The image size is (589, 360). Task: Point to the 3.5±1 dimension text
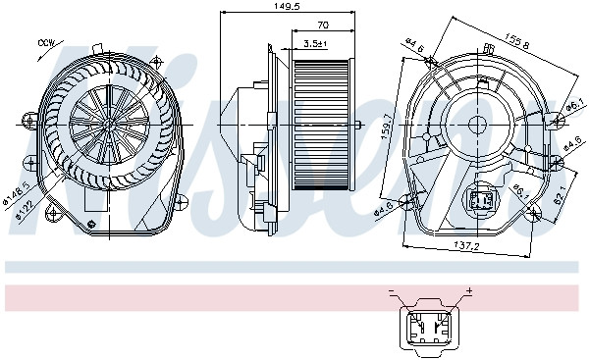point(315,43)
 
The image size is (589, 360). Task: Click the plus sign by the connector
point(469,291)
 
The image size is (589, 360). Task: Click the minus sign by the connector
point(392,291)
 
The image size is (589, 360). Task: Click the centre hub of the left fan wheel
point(105,125)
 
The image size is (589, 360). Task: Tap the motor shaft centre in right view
point(481,125)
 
